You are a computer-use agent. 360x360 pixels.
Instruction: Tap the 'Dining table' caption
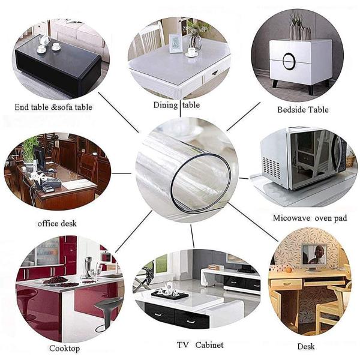(x=176, y=105)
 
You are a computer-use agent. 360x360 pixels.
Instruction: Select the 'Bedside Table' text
(x=304, y=110)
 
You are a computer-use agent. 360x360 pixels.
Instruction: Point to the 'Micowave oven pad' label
(x=310, y=218)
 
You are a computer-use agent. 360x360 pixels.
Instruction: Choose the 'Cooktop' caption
(x=65, y=348)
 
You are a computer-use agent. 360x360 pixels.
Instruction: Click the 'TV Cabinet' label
(x=200, y=345)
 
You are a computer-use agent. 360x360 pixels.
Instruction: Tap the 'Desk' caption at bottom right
(x=306, y=346)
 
